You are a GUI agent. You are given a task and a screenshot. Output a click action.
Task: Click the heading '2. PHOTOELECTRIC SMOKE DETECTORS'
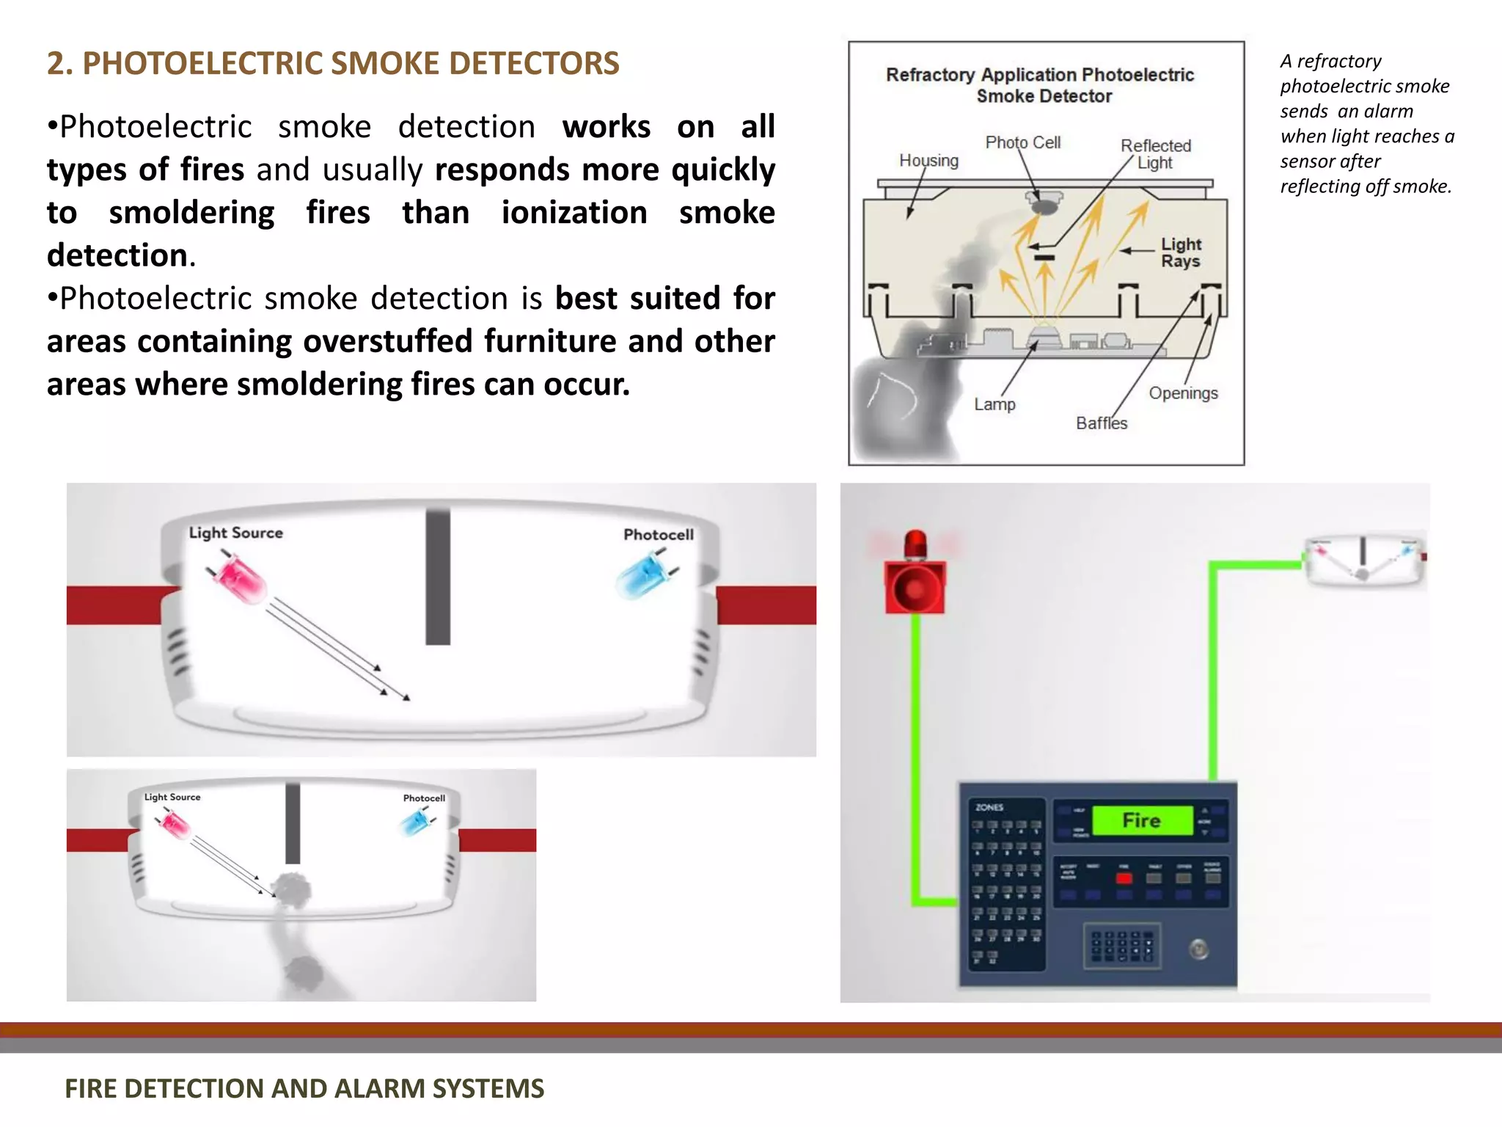(x=333, y=64)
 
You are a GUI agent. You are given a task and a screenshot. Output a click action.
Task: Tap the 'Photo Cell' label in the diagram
(x=1022, y=142)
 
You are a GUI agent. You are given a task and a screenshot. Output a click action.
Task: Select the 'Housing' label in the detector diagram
(x=928, y=160)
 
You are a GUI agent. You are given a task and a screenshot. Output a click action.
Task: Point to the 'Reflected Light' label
(x=1155, y=154)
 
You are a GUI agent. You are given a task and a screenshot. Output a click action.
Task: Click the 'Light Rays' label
(x=1180, y=252)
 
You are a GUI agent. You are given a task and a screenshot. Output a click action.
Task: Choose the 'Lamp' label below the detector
(x=994, y=404)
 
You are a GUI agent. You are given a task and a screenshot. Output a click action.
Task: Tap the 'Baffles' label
(x=1101, y=423)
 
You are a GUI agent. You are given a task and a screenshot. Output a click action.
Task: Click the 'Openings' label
(x=1183, y=393)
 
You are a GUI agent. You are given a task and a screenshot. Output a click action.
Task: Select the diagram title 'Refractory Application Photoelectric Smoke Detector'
(x=1040, y=85)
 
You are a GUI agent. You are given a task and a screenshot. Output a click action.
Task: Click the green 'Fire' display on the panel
(x=1141, y=820)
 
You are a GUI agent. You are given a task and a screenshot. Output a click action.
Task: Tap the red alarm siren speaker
(x=915, y=588)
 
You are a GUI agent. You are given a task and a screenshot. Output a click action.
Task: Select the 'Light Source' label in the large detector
(x=235, y=533)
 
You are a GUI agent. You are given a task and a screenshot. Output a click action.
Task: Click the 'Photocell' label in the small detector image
(x=424, y=798)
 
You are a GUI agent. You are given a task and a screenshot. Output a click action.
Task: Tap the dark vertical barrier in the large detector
(x=438, y=577)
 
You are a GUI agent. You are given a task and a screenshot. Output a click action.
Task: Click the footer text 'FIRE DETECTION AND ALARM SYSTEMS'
(x=304, y=1088)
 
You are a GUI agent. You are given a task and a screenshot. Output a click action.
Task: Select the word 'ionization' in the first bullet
(x=574, y=213)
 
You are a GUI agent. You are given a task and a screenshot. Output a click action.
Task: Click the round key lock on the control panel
(x=1198, y=949)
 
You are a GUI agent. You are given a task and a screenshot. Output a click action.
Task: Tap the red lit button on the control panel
(x=1124, y=878)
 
